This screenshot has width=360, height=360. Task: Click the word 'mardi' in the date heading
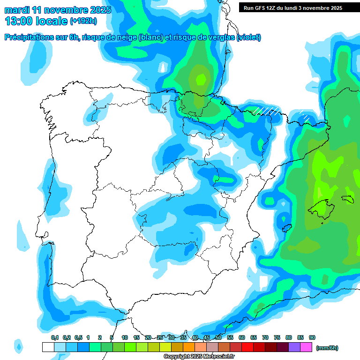coord(16,10)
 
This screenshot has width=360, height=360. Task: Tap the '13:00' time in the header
coord(19,21)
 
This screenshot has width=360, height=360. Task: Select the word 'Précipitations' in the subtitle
coord(28,37)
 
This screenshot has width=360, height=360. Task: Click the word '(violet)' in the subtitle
coord(249,37)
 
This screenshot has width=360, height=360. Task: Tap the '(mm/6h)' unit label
coord(327,348)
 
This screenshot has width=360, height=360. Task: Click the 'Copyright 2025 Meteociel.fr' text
coord(199,357)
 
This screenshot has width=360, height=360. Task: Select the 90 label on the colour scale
coord(312,337)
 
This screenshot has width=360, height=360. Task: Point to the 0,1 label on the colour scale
coord(55,337)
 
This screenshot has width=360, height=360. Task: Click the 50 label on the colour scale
coord(218,337)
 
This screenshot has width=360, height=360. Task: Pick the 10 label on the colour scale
coord(125,337)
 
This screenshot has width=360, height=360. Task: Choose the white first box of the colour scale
coord(48,347)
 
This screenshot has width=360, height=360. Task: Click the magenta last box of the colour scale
coord(306,347)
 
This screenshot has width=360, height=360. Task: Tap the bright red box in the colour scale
coord(247,347)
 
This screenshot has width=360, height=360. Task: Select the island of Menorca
coord(347,199)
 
